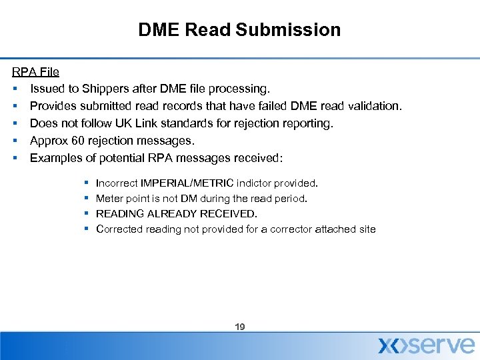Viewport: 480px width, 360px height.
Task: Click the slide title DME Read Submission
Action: (x=239, y=30)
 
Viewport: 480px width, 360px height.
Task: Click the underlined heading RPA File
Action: (x=36, y=71)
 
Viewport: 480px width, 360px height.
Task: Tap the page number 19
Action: (x=240, y=327)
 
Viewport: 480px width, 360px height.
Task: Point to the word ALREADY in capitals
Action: (x=173, y=213)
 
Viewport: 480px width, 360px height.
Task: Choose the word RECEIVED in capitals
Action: (x=228, y=213)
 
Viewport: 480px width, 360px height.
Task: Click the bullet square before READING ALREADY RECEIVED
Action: (x=88, y=213)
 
